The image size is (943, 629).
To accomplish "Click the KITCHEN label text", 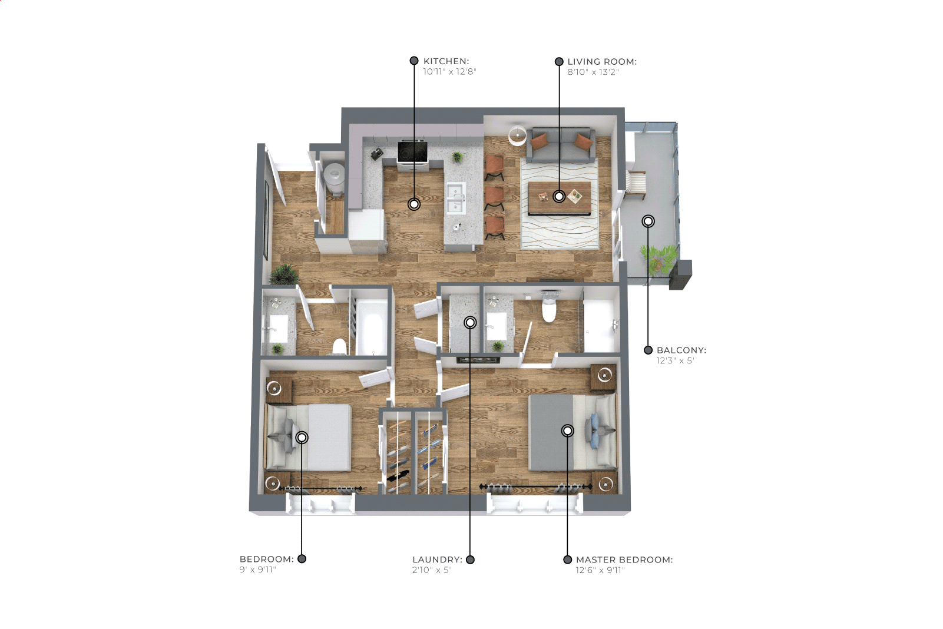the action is point(446,61).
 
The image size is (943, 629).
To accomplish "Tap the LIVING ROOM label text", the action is point(602,61).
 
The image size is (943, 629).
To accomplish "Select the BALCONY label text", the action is point(681,350).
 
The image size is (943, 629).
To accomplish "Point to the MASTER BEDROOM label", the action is point(624,560).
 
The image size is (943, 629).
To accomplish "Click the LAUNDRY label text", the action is point(437,560).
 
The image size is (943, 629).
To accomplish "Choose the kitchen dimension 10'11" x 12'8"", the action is point(449,72).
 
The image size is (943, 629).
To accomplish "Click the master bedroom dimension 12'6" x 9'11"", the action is point(600,571).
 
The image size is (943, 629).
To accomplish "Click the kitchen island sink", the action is point(456,198).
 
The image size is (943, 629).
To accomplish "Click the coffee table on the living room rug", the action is point(560,198).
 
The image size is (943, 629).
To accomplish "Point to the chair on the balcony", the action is point(636,185).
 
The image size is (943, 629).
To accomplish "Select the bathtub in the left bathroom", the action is point(372,327).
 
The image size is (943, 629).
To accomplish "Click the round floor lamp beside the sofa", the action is point(517,135).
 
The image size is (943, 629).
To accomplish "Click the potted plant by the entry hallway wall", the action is point(284,274).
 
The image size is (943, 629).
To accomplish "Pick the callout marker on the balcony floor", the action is point(648,221).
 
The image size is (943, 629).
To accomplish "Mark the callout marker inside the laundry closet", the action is point(470,323).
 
